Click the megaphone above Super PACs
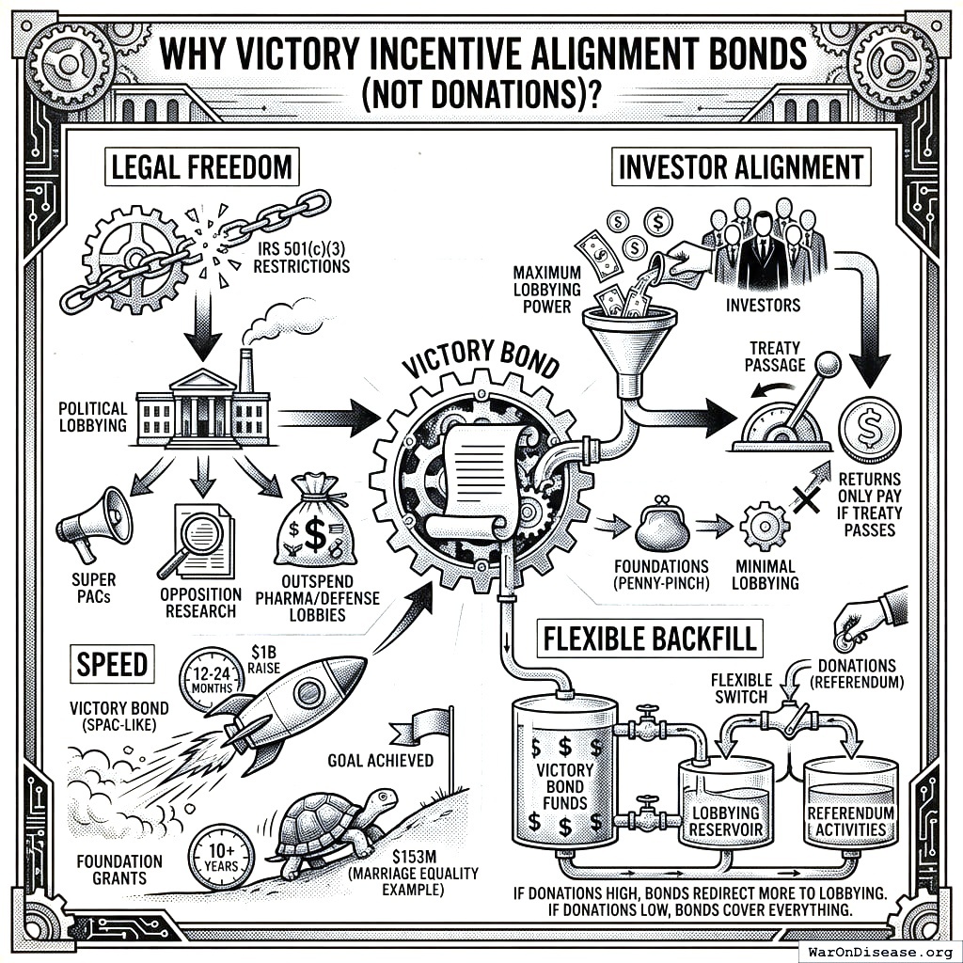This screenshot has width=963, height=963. point(94,523)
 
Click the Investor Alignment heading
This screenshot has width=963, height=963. point(741,167)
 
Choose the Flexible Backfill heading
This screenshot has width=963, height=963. point(650,639)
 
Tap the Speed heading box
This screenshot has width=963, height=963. point(113,665)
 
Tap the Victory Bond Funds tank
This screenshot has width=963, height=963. point(561,773)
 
